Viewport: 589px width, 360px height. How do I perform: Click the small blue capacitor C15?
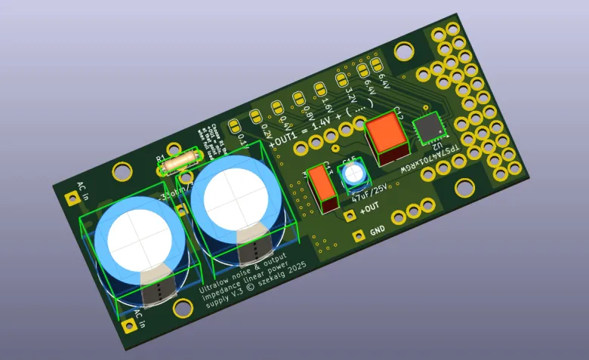pos(353,175)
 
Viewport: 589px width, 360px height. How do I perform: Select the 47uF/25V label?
pos(369,193)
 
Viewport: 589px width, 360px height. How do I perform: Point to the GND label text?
pos(378,229)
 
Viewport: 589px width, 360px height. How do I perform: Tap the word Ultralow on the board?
pos(217,288)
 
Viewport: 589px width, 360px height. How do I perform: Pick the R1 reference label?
pos(160,159)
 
